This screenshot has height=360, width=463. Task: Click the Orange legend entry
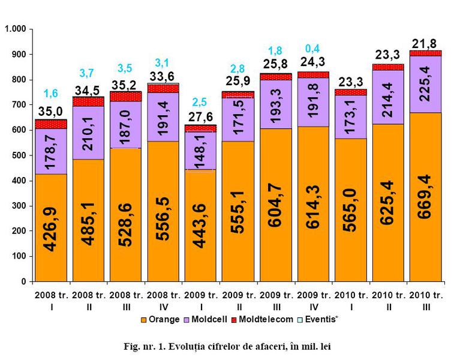(x=163, y=319)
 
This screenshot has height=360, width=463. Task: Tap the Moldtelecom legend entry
(x=264, y=319)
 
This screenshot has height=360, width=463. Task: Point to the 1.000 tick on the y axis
(x=15, y=29)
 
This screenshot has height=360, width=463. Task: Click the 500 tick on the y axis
(x=19, y=155)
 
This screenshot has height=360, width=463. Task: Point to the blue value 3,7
(x=87, y=73)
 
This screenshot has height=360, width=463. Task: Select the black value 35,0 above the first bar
(x=51, y=111)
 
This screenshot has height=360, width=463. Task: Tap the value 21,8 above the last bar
(x=425, y=43)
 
